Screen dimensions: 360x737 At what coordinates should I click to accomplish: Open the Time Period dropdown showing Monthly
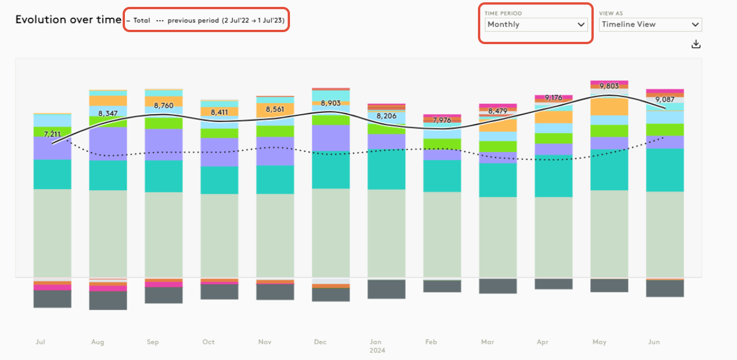(535, 25)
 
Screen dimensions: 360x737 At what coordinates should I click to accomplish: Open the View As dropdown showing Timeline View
(650, 25)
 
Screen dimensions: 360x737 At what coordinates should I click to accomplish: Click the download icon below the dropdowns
(696, 44)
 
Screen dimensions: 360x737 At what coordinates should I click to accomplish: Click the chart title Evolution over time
(68, 19)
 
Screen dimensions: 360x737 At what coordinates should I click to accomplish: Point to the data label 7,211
(52, 134)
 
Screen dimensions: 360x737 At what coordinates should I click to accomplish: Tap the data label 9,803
(609, 86)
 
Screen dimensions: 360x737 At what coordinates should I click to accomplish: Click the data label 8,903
(331, 103)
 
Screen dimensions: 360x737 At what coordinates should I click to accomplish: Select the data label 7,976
(442, 120)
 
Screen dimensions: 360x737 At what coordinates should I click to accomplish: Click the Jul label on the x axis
(40, 342)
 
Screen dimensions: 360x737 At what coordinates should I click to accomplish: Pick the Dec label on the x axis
(320, 342)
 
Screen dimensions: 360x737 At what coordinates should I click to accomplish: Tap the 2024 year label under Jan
(377, 350)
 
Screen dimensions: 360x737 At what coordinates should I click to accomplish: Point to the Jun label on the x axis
(653, 342)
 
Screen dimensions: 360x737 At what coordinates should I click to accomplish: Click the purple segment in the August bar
(108, 143)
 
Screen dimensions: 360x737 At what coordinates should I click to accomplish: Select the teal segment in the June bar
(665, 170)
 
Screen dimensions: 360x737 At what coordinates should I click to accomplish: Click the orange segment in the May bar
(609, 107)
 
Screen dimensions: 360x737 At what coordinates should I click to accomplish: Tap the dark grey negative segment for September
(163, 295)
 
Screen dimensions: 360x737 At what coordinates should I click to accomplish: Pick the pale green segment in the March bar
(497, 237)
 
